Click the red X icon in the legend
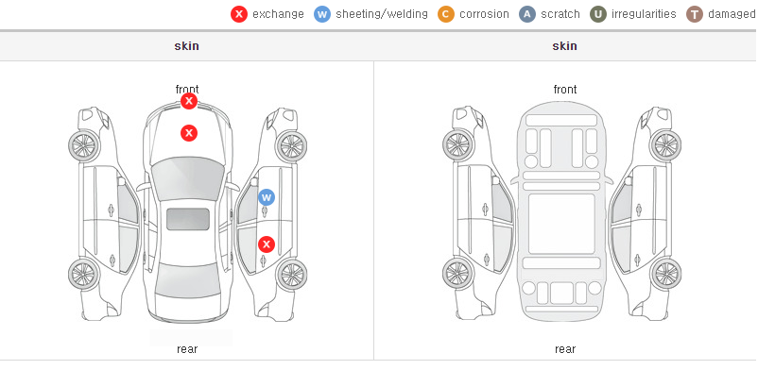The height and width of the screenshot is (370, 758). [239, 14]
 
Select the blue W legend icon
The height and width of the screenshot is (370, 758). [322, 14]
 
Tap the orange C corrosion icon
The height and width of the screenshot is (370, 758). [446, 14]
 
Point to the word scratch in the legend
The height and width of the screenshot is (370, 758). [560, 14]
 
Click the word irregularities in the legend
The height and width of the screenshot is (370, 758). [644, 14]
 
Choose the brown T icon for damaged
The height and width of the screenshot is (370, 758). [694, 14]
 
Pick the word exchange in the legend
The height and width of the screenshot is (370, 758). [278, 14]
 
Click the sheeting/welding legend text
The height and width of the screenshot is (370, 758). [382, 14]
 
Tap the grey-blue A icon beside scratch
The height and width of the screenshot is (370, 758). [527, 14]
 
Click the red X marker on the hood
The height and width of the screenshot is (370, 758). [189, 133]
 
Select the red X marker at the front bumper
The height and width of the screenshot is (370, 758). [189, 101]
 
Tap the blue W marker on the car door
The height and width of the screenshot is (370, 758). [267, 197]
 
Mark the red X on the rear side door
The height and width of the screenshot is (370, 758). [267, 244]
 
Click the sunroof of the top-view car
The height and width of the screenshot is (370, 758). [188, 219]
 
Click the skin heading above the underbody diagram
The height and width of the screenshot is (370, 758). [564, 46]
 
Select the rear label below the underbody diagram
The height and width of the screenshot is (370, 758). [564, 348]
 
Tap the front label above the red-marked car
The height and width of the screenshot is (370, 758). [187, 90]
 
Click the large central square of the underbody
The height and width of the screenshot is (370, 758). [561, 224]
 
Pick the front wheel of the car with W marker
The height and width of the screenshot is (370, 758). [291, 145]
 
